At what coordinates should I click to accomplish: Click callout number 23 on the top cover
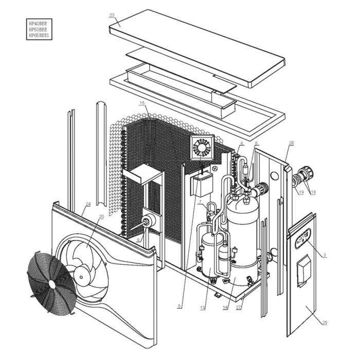point(112,15)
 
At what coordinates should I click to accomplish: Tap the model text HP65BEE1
point(40,35)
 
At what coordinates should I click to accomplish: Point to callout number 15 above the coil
point(142,103)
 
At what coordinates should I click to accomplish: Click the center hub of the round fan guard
point(52,283)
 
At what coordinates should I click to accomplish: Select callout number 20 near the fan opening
point(101,217)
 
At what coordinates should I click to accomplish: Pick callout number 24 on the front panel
point(88,204)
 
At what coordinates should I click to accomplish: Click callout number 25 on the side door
point(325,322)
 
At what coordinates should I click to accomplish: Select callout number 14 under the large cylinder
point(225,308)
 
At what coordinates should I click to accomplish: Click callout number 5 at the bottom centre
point(179,307)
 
